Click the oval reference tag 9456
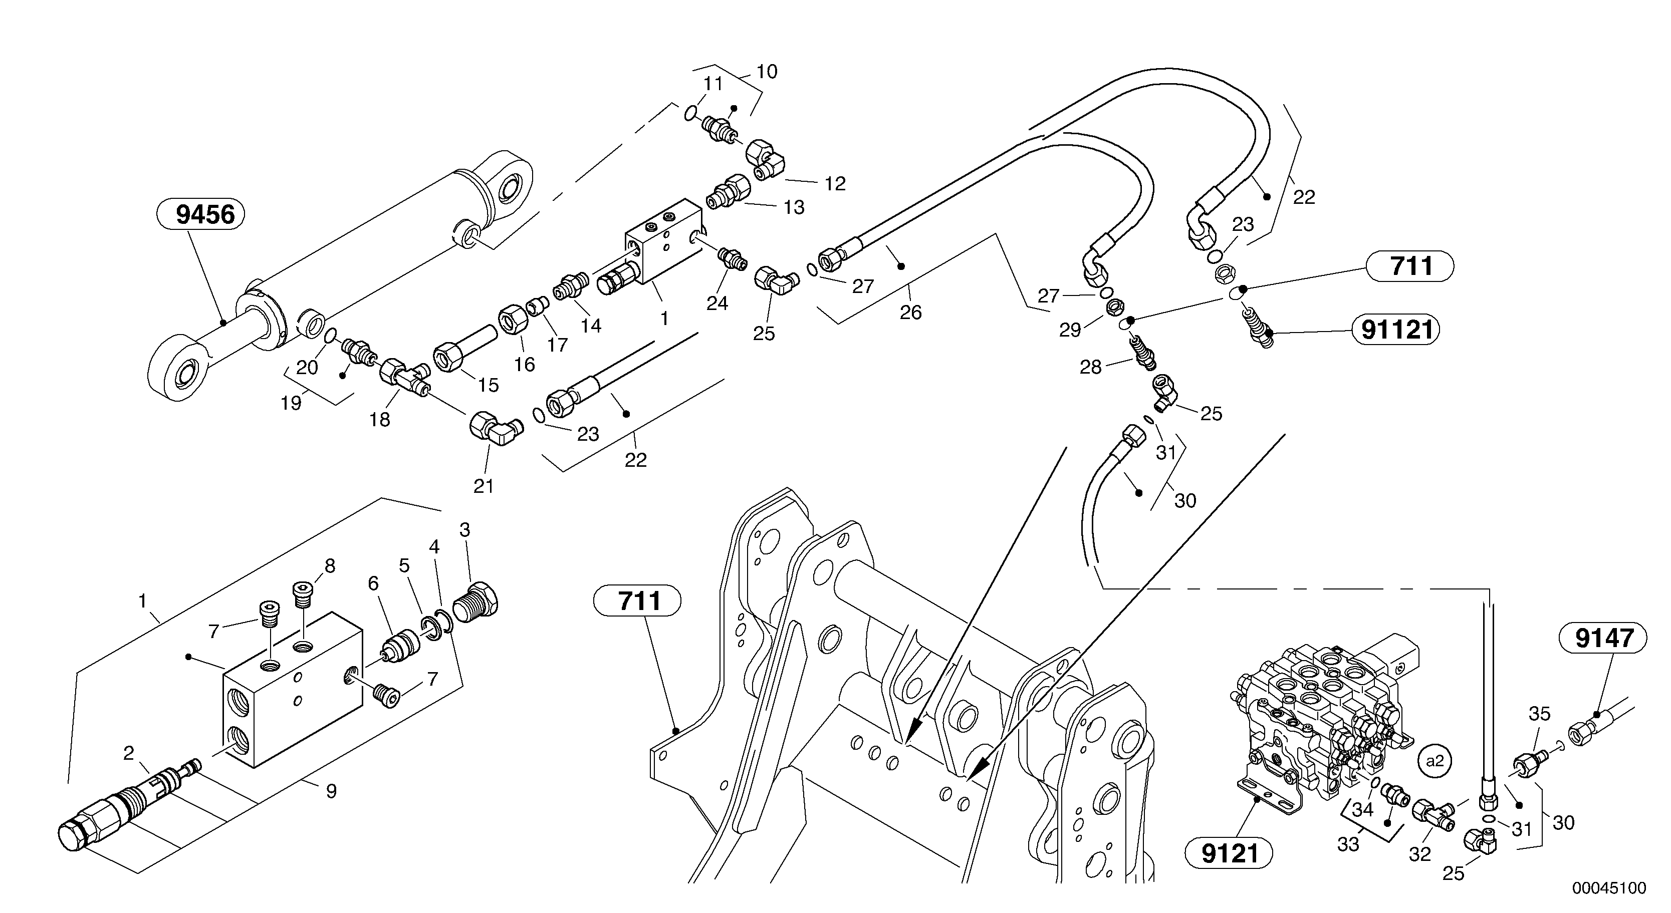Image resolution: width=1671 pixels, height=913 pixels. [200, 215]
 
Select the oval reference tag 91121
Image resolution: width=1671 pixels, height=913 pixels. [1396, 331]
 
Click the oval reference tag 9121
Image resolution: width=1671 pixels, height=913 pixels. [1229, 854]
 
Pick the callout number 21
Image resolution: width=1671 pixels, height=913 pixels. [484, 486]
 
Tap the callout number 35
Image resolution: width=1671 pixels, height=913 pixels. [1539, 714]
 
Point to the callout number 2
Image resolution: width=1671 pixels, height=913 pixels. [128, 753]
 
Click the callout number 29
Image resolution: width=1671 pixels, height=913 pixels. [1070, 331]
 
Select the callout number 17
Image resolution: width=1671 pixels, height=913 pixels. [557, 345]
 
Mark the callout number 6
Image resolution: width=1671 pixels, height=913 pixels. [373, 583]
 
